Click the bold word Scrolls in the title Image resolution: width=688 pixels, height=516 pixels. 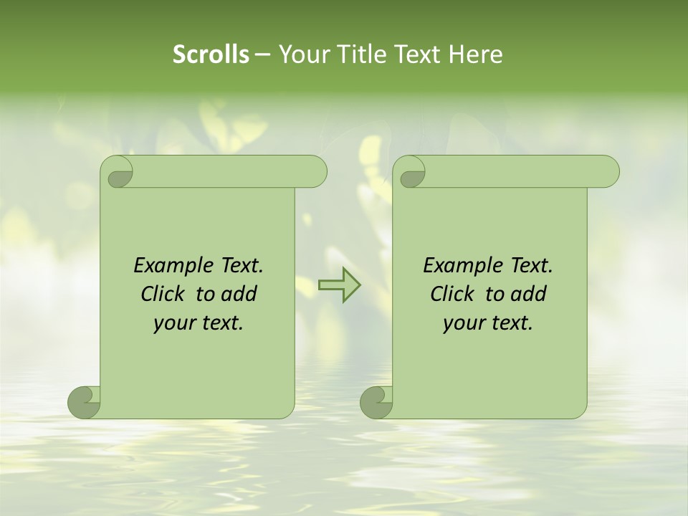pos(211,54)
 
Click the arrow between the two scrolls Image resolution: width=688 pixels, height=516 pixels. pos(340,285)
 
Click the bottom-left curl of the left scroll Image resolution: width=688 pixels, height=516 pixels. pos(84,402)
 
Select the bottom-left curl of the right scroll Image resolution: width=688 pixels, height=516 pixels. pos(376,402)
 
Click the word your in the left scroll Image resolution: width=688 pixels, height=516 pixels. pos(173,324)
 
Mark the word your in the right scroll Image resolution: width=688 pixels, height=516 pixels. pos(462,324)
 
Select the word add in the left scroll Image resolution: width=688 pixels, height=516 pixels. pos(240,294)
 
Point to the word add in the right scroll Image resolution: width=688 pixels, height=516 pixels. pos(530,294)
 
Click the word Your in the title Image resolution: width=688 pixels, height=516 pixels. pos(302,54)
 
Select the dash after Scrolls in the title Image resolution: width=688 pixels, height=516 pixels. pos(262,54)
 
